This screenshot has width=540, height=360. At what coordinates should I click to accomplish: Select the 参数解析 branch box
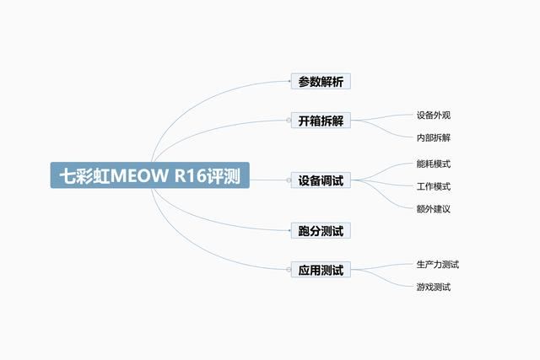coord(321,82)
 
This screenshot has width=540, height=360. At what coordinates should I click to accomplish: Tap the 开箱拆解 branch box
coord(321,121)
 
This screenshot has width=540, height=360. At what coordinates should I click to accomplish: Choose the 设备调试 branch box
coord(321,180)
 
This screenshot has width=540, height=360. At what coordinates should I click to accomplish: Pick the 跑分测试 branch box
coord(321,230)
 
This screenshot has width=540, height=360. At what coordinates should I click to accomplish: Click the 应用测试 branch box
coord(321,271)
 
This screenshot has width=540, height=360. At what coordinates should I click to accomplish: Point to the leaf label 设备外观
coord(434,116)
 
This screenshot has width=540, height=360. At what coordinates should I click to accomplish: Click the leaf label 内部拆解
coord(434,137)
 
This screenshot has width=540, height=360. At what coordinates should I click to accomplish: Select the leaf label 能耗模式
coord(434,164)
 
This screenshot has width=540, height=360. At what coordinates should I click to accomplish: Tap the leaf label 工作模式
coord(434,186)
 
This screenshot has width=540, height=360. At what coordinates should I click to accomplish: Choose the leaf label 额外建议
coord(434,208)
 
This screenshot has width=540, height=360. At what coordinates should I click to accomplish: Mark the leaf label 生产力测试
coord(438,265)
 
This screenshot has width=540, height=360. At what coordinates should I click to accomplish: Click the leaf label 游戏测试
coord(434,287)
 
